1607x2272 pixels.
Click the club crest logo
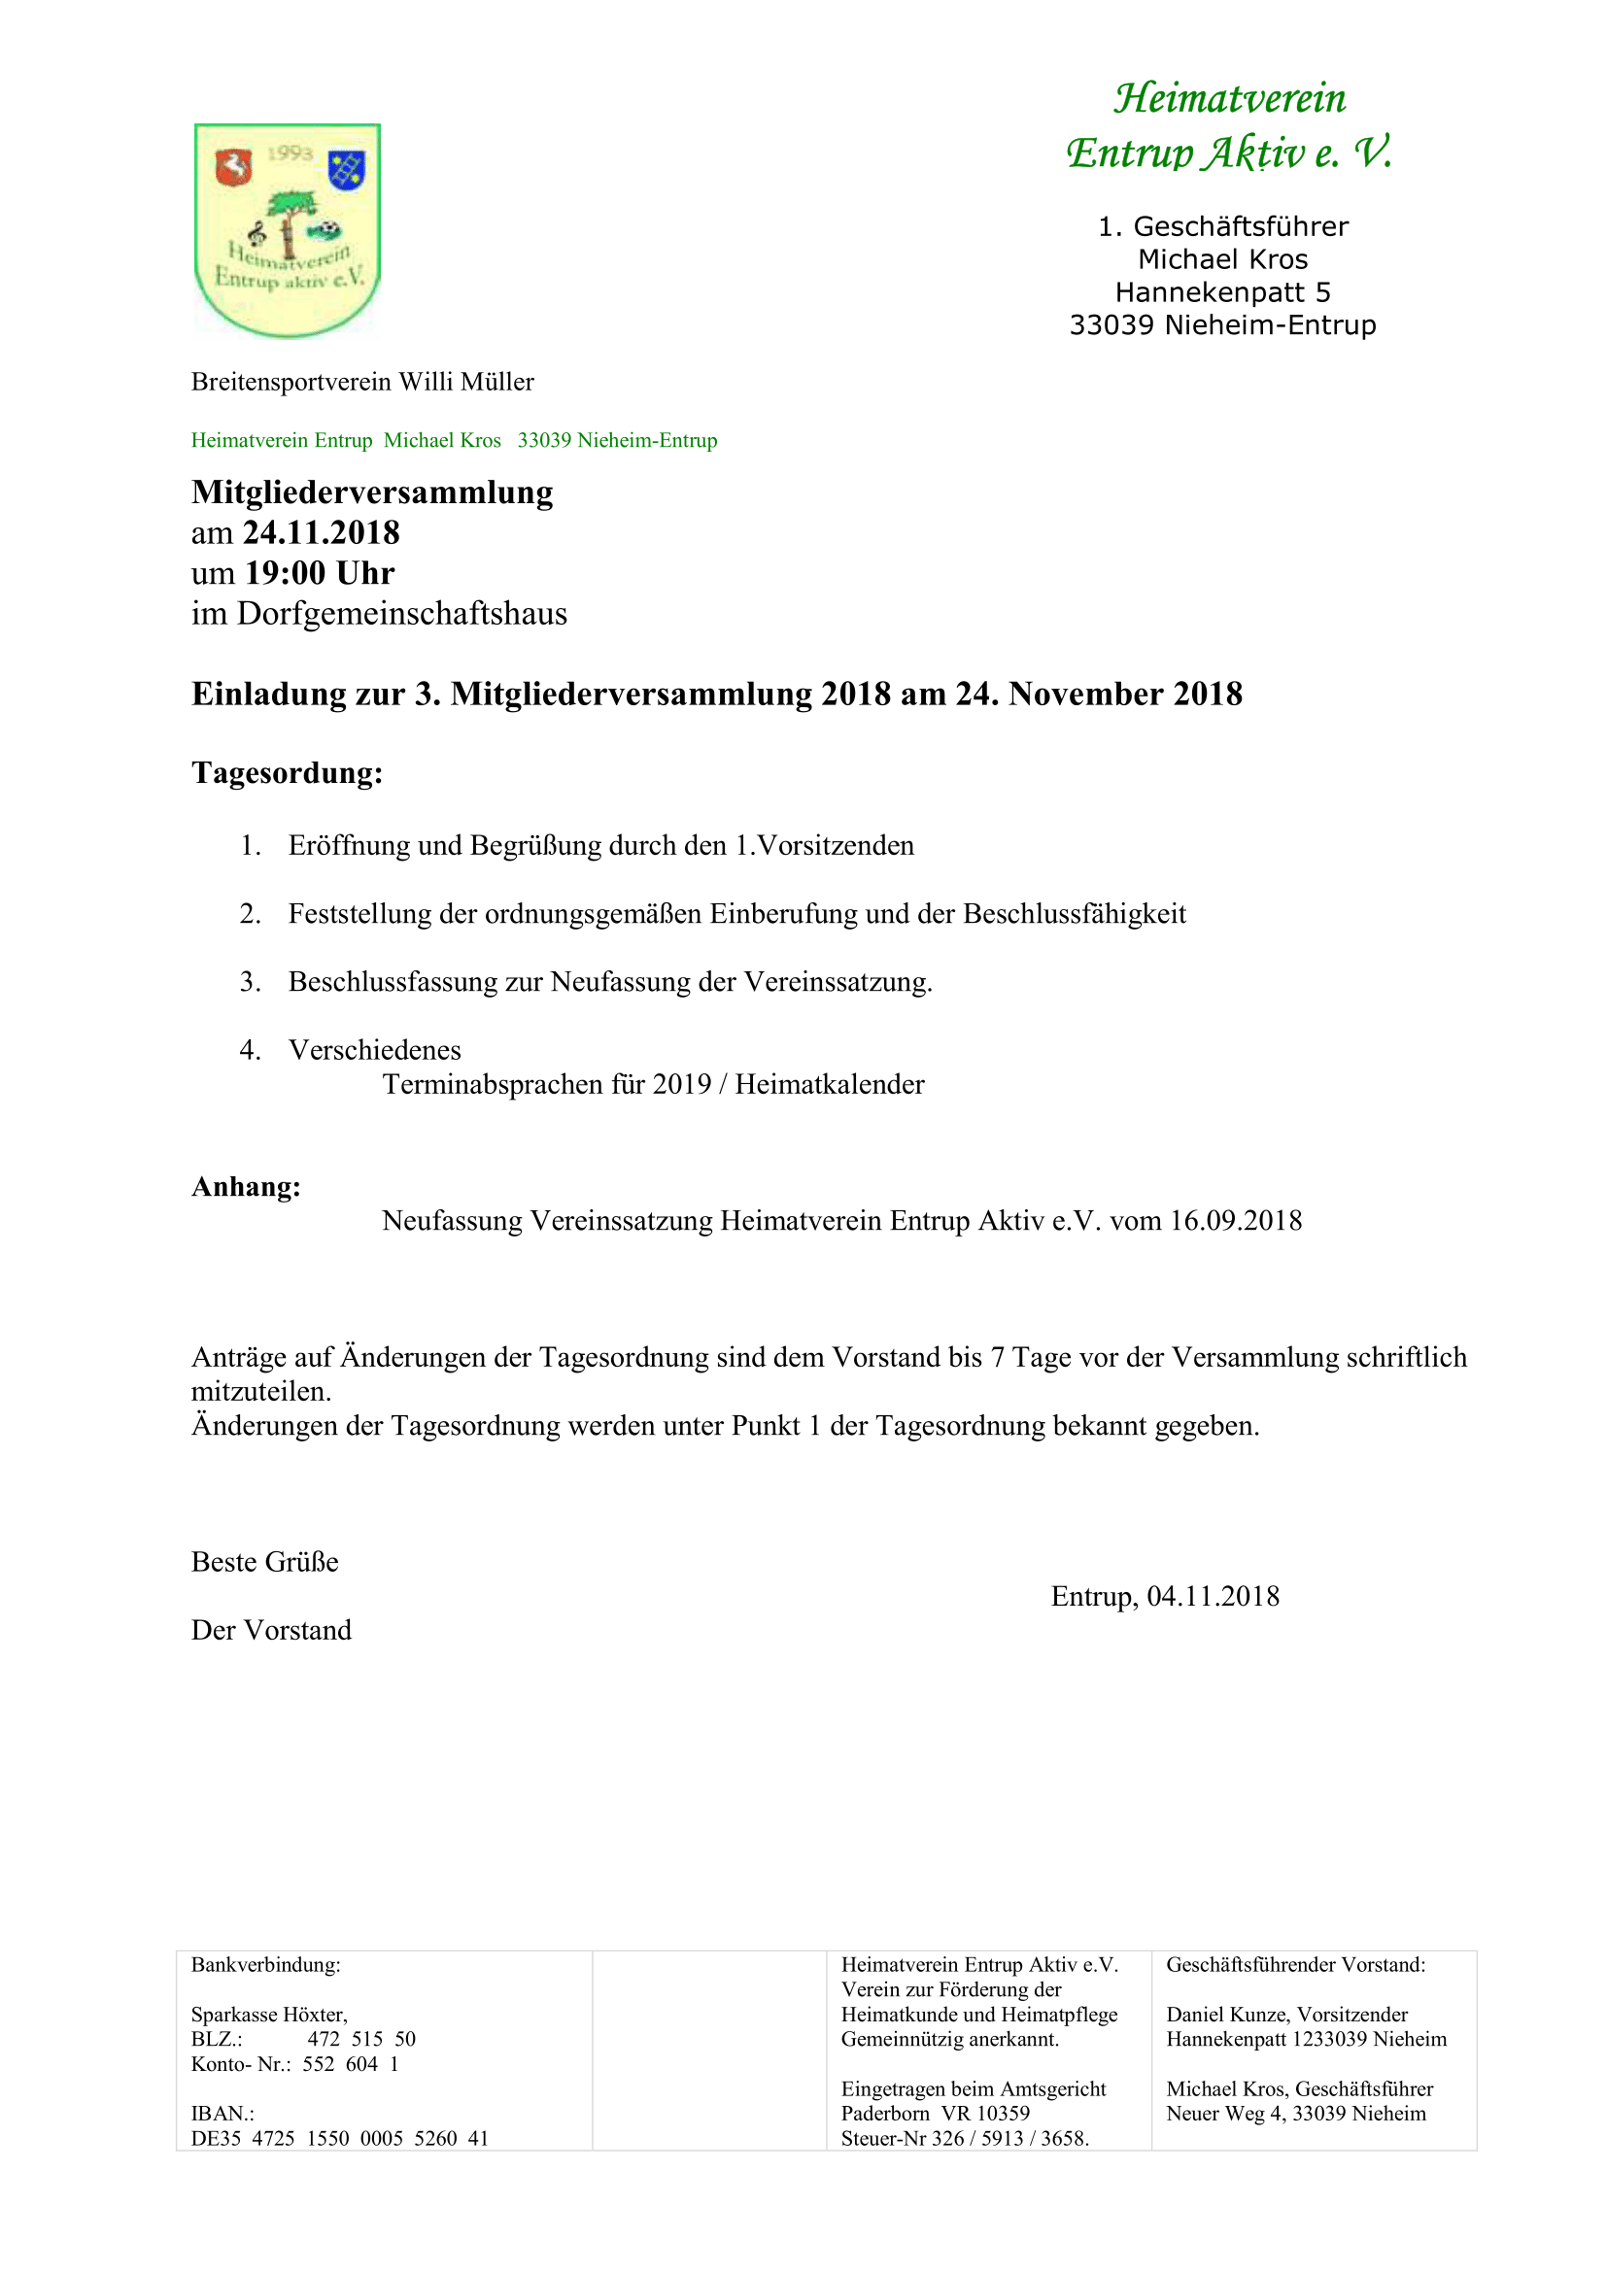288,229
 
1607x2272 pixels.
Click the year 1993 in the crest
289,153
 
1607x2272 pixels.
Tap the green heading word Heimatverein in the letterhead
1230,98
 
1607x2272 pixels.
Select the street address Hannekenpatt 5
1222,292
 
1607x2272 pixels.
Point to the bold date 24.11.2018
322,532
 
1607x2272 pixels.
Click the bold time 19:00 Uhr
320,573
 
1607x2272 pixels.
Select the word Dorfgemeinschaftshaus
402,614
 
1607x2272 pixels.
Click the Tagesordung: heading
287,773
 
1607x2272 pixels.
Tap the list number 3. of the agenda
251,982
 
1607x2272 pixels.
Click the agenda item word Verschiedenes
375,1050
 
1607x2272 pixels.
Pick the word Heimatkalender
829,1085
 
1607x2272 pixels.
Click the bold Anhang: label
247,1186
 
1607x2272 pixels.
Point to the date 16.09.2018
1236,1221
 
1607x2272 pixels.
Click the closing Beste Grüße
265,1562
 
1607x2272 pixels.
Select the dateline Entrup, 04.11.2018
1165,1596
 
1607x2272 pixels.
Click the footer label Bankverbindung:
266,1964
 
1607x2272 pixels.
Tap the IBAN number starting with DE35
339,2138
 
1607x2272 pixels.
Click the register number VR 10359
985,2113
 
